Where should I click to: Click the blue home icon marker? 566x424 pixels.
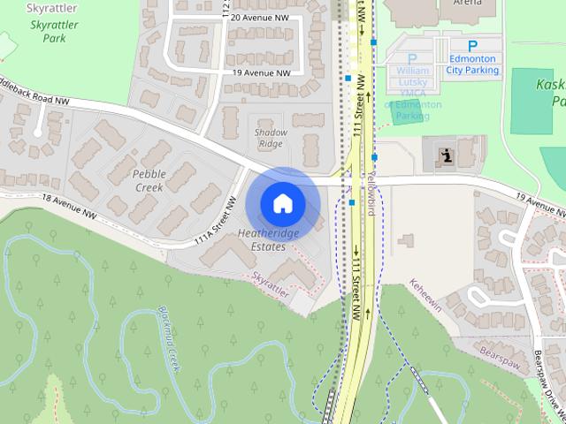(282, 203)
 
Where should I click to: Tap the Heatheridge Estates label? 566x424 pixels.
(268, 239)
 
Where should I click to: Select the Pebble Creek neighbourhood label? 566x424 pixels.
(149, 180)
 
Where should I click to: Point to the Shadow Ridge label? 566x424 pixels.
(270, 138)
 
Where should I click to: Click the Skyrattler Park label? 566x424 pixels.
(48, 33)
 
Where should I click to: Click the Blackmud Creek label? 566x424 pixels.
(168, 336)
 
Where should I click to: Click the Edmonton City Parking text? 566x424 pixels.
(471, 64)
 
